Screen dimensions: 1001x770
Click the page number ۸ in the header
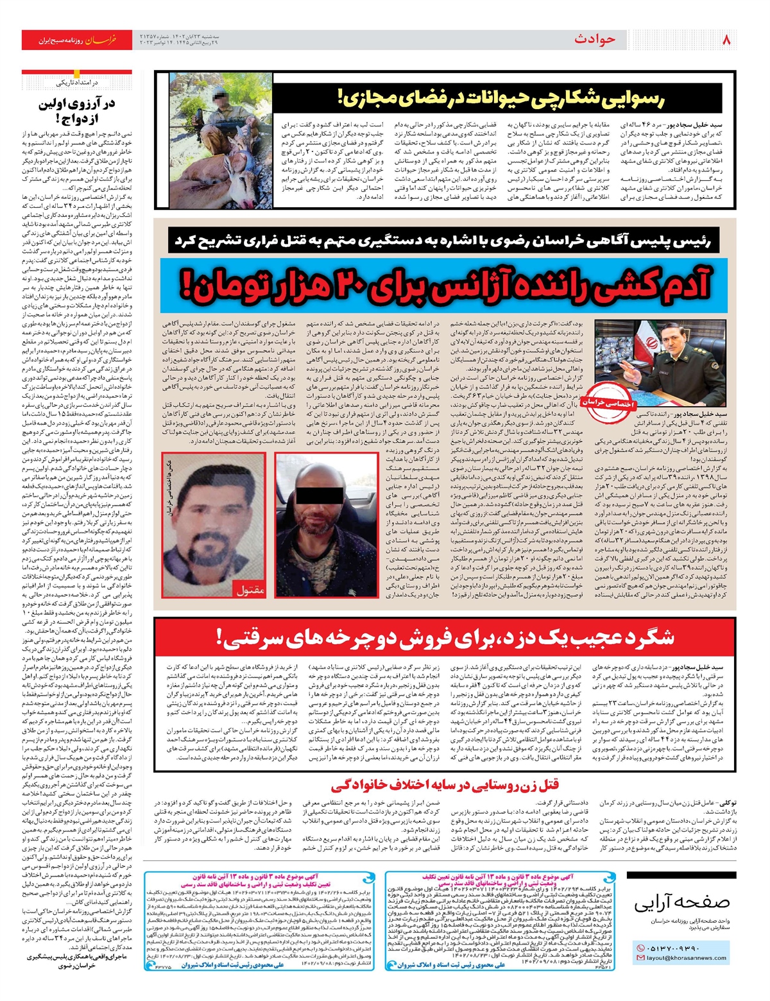click(726, 40)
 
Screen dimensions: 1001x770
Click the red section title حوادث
click(594, 40)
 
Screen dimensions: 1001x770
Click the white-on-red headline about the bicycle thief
click(445, 637)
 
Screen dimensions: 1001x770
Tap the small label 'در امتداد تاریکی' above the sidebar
click(77, 83)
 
